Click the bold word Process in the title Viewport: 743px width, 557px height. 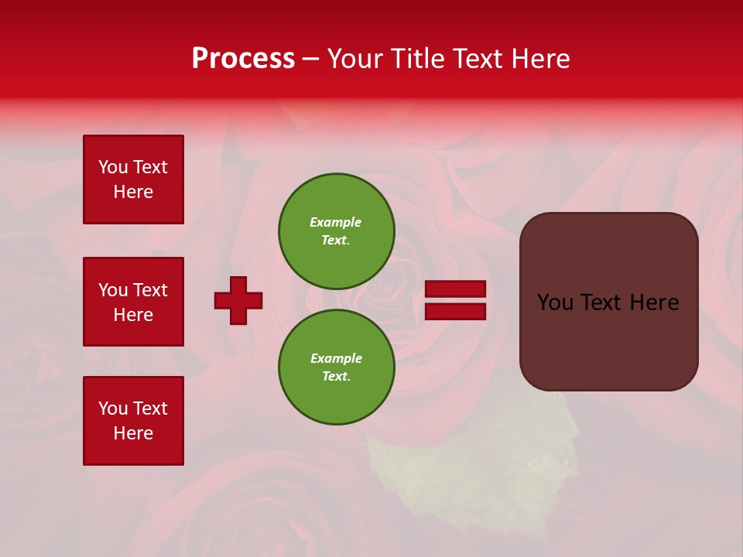pos(243,59)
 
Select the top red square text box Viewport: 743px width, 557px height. pos(133,179)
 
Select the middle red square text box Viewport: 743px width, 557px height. pos(133,302)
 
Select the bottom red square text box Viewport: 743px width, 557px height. pos(133,421)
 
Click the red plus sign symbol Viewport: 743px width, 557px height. pos(238,300)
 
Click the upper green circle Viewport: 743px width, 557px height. pos(337,231)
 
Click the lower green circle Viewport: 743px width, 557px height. pos(337,367)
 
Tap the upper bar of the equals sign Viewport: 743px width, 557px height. pos(456,289)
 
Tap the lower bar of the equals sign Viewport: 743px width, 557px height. pos(456,311)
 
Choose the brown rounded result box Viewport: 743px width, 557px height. pos(608,340)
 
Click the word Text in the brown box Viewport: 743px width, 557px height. pos(607,302)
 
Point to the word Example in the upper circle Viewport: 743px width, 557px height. pos(336,222)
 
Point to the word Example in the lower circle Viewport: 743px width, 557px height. pos(336,358)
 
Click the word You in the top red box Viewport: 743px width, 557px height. pos(112,167)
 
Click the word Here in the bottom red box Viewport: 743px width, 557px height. pos(133,433)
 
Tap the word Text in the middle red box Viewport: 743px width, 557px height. pos(150,290)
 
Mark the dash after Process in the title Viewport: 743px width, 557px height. pos(311,59)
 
